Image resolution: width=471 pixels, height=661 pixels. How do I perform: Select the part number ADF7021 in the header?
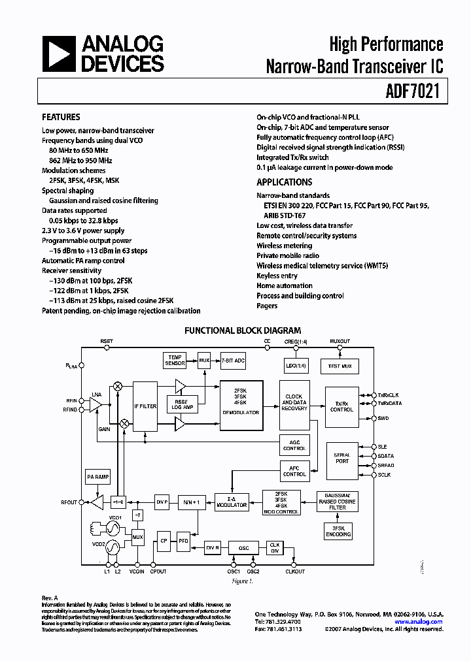tap(413, 93)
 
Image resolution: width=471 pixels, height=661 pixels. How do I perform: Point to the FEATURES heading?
tap(61, 118)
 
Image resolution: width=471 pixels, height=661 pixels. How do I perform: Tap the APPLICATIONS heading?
tap(284, 182)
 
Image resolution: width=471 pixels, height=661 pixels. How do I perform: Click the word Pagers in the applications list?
tap(267, 306)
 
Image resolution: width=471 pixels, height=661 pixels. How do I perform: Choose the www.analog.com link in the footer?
tap(421, 622)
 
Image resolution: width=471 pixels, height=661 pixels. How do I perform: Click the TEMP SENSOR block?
tap(175, 360)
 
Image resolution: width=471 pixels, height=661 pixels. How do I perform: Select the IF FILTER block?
tap(145, 406)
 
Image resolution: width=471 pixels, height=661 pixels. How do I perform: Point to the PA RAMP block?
tap(98, 477)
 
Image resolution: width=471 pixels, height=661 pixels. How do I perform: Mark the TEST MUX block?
tap(340, 366)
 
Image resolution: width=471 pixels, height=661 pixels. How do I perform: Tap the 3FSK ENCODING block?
tap(338, 531)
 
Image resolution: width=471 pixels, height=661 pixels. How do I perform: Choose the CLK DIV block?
tap(275, 547)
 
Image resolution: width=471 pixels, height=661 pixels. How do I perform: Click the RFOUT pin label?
tap(69, 502)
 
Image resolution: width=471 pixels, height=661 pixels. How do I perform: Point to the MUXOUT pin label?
tap(340, 341)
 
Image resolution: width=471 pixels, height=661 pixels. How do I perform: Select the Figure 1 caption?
tap(242, 580)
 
